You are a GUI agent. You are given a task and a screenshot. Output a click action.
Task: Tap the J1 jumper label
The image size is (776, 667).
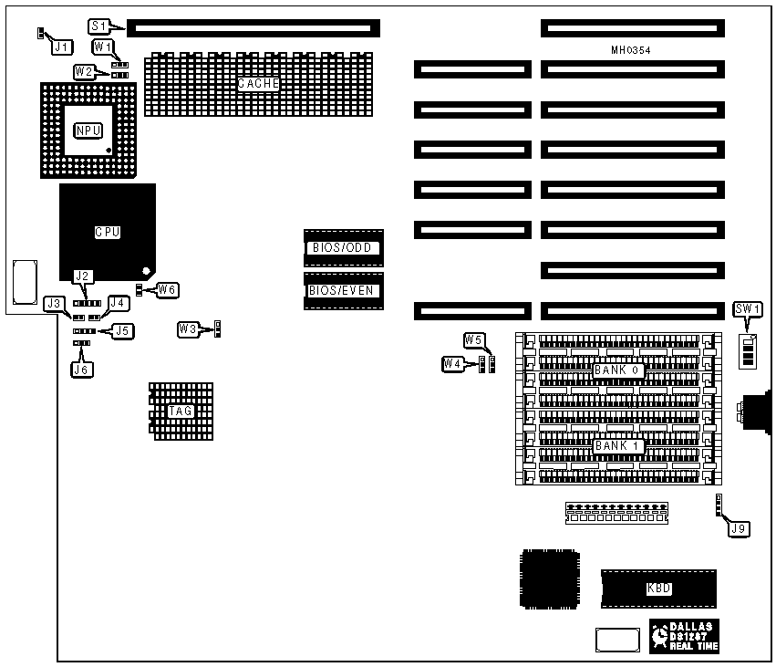click(61, 45)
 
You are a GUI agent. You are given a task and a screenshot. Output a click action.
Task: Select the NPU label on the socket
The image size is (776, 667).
click(87, 130)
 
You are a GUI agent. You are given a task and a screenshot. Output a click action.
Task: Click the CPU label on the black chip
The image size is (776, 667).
click(108, 232)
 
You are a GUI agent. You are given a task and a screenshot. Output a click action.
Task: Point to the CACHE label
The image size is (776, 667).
click(258, 84)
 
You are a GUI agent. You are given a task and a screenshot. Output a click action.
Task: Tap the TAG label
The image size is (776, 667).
click(181, 412)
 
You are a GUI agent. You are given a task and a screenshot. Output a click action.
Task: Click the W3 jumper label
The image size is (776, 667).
click(189, 328)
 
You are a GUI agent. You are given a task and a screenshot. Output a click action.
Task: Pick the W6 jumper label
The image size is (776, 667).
click(168, 290)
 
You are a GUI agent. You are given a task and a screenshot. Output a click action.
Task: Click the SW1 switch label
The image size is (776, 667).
click(747, 309)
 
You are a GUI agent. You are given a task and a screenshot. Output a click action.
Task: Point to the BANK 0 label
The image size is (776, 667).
click(618, 370)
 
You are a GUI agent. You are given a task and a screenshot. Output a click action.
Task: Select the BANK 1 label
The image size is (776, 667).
click(618, 446)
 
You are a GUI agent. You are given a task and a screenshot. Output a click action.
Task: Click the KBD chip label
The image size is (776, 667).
click(658, 589)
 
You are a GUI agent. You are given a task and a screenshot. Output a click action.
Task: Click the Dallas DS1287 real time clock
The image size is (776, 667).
click(685, 635)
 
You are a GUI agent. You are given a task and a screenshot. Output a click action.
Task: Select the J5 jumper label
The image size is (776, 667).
click(121, 330)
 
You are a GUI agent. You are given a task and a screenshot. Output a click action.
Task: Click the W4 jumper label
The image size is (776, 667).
click(452, 363)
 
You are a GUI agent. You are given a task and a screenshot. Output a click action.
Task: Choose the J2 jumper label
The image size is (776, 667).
click(83, 276)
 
